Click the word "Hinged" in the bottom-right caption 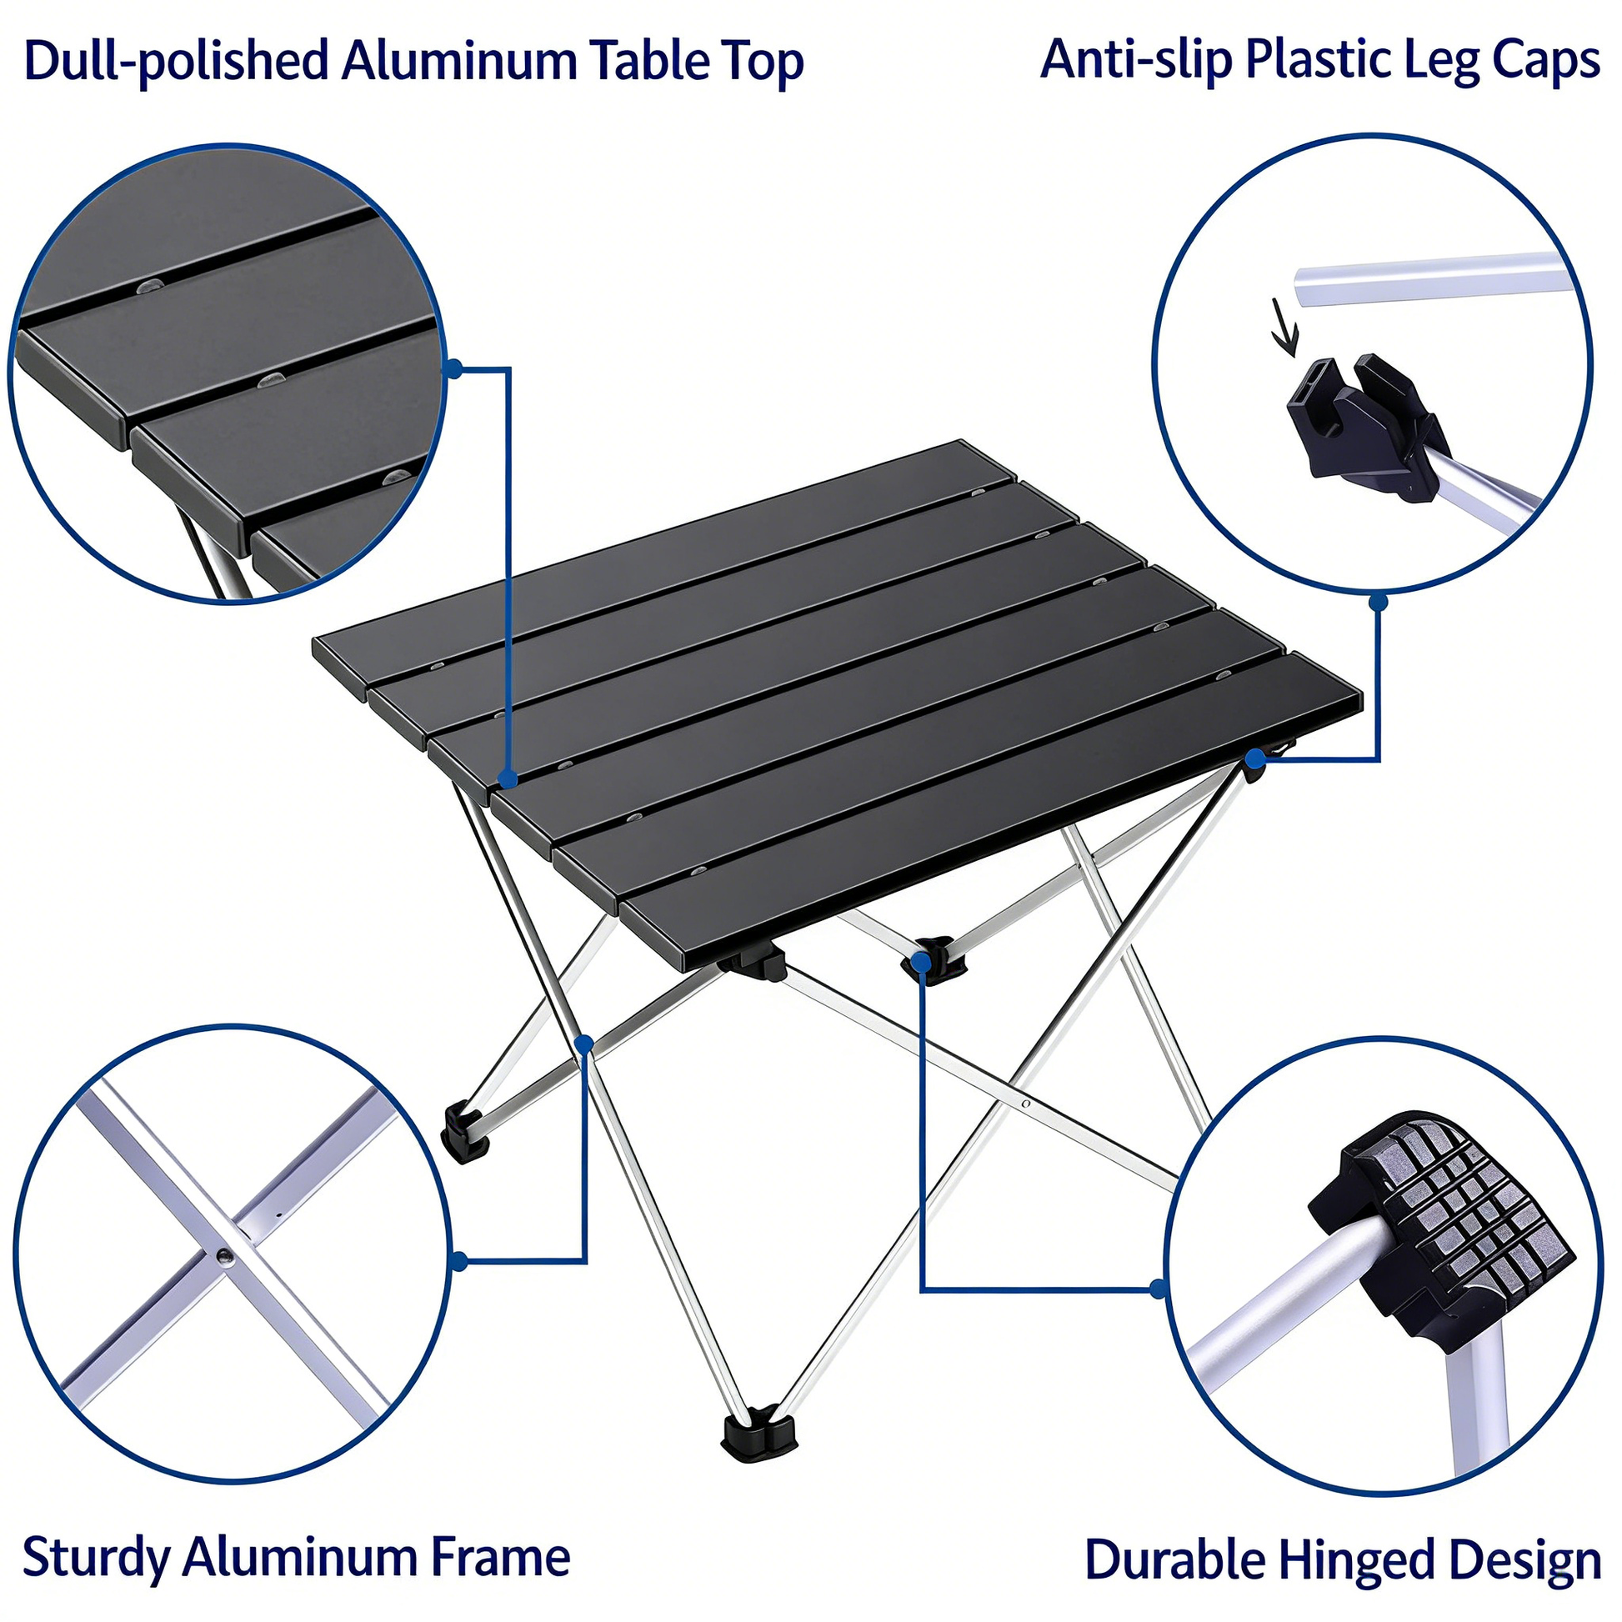(x=1357, y=1562)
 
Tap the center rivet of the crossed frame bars (x=224, y=1257)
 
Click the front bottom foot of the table (x=759, y=1434)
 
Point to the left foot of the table (x=464, y=1133)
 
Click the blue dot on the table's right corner (x=1254, y=760)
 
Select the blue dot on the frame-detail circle (x=459, y=1261)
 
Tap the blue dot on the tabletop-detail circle (x=454, y=368)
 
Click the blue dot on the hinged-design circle (x=1159, y=1289)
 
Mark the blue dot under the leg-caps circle (x=1378, y=602)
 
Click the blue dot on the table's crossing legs (x=585, y=1044)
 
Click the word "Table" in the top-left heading (x=649, y=62)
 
